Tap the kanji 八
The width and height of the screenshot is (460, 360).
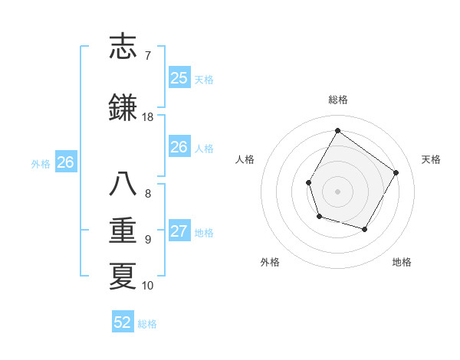pos(123,185)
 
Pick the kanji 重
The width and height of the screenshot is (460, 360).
pos(123,230)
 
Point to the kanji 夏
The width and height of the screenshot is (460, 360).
pos(123,275)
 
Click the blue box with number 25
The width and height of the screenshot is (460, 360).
pos(179,77)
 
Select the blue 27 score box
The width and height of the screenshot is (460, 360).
pos(179,232)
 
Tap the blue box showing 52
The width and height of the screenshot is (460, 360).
pos(123,322)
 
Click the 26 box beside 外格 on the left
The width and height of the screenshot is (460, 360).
pos(66,162)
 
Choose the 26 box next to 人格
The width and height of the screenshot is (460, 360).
pos(179,147)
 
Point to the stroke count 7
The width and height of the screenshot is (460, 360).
pos(147,55)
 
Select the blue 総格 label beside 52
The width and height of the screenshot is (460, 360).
pos(147,324)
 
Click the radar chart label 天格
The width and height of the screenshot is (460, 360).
pos(431,159)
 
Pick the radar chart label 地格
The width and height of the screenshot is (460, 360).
pos(402,262)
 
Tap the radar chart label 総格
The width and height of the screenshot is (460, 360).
pos(337,100)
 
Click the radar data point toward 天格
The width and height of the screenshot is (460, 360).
pos(396,172)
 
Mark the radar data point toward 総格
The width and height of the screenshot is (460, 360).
pos(337,130)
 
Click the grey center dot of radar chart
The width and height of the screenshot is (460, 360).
pos(337,191)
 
